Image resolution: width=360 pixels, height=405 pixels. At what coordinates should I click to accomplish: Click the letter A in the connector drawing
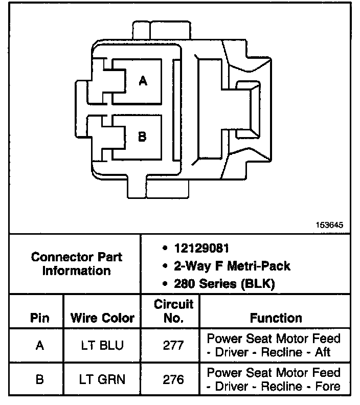(143, 80)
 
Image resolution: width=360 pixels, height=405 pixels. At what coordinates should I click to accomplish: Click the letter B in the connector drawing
(143, 136)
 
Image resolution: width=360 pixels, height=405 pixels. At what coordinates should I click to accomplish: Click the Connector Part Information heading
(77, 263)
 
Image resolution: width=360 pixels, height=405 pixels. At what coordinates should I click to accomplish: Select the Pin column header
(39, 318)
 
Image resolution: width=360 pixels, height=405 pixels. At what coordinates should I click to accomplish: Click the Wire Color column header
(102, 318)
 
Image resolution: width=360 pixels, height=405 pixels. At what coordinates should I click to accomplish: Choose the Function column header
(276, 318)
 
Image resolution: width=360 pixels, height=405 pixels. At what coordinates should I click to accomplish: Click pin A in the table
(39, 345)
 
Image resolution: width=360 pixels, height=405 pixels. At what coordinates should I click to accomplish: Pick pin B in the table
(39, 379)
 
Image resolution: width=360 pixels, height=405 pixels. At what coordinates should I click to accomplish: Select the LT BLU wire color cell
(102, 345)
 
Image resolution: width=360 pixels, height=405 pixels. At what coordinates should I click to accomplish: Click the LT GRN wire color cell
(102, 379)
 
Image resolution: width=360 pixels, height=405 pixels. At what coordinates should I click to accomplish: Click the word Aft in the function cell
(322, 352)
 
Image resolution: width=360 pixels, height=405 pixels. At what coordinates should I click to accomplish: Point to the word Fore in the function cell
(327, 387)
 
